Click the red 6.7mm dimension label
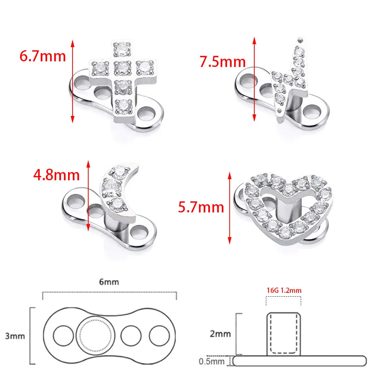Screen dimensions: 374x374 pos(43,56)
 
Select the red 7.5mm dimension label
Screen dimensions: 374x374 pos(223,62)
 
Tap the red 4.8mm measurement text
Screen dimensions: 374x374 pos(56,175)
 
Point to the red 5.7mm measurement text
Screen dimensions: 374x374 pos(201,207)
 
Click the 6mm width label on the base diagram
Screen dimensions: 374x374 pos(109,282)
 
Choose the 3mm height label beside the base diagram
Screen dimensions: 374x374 pos(15,336)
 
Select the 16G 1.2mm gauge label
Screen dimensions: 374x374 pos(284,290)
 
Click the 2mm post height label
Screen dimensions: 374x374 pos(220,334)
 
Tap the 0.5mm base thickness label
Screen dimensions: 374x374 pos(212,361)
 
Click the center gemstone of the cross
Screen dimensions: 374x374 pos(123,68)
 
